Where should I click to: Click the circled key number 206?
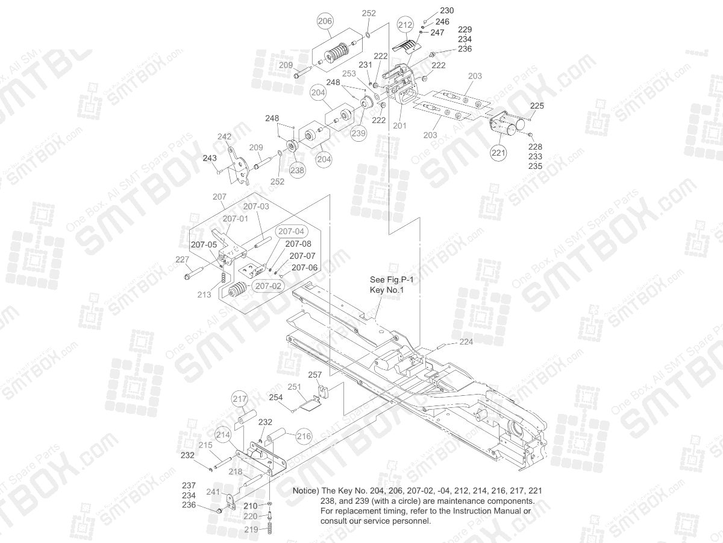tap(325, 21)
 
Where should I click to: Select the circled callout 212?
tap(405, 25)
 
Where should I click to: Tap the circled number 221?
tap(498, 153)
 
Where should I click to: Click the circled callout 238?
tap(297, 171)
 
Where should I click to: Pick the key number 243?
tap(210, 158)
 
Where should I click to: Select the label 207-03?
tap(256, 206)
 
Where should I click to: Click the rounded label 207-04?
tap(291, 231)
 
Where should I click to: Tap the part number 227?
tap(182, 259)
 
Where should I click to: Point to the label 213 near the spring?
tap(204, 295)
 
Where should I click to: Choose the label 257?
tap(315, 375)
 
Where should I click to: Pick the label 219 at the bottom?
tap(250, 529)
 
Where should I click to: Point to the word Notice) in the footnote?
tap(305, 491)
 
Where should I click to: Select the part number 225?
tap(537, 106)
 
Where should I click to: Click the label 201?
tap(399, 126)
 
